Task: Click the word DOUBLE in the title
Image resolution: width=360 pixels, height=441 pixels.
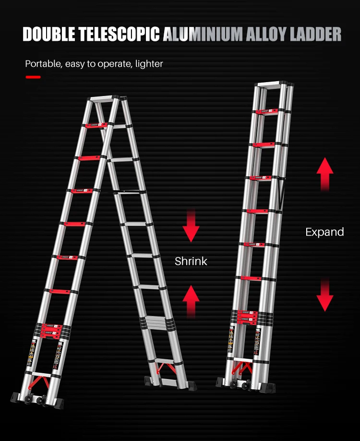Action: (51, 35)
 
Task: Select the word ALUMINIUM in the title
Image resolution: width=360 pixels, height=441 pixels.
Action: (204, 35)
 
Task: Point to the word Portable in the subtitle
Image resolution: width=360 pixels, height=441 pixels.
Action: (42, 63)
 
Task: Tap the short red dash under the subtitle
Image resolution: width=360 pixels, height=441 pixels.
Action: (33, 77)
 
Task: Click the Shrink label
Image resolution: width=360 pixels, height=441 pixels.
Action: (191, 261)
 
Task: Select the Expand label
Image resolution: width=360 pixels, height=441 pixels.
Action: (324, 232)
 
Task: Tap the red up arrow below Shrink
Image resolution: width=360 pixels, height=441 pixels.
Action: (191, 300)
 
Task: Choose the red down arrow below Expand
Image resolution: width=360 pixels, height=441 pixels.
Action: (324, 294)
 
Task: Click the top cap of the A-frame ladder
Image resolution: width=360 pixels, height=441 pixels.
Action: (104, 98)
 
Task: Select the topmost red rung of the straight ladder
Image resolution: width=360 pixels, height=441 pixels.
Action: (271, 112)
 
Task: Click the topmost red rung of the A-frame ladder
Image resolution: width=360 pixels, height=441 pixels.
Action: (96, 126)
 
